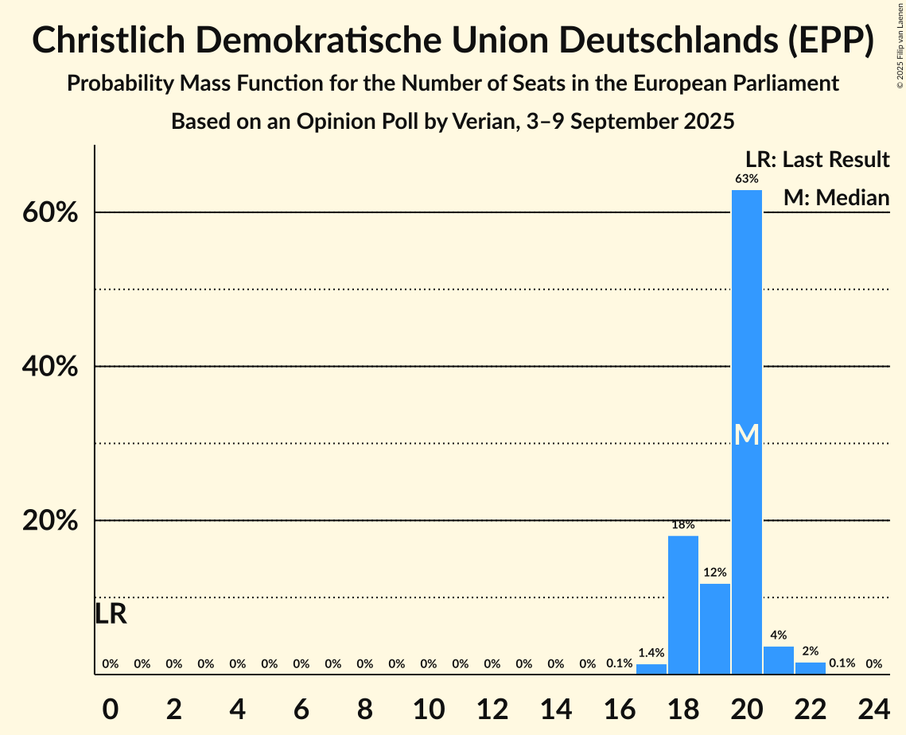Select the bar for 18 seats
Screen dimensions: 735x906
(x=682, y=605)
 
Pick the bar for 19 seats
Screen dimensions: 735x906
(x=714, y=628)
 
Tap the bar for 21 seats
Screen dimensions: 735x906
(x=778, y=660)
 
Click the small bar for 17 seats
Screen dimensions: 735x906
(x=651, y=669)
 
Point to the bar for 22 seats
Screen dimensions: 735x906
(x=810, y=668)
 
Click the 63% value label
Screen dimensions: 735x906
(x=746, y=179)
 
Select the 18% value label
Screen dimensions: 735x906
(x=682, y=525)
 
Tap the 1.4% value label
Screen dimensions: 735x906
(x=651, y=653)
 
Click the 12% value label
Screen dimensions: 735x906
(x=714, y=573)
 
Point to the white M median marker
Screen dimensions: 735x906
(x=746, y=434)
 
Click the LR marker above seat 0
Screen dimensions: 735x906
(x=111, y=614)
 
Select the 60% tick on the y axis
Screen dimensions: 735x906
(x=55, y=213)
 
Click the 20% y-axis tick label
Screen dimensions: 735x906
(x=55, y=521)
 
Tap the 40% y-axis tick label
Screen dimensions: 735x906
(x=55, y=367)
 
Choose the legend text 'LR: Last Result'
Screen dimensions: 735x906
(x=817, y=160)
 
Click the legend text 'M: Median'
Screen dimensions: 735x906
(x=836, y=197)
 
